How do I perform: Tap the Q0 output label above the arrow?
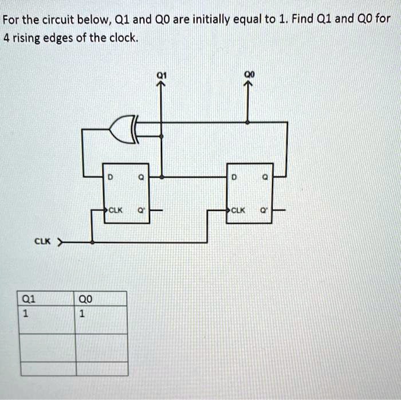point(247,74)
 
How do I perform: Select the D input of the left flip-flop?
point(109,178)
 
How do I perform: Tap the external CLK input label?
point(42,242)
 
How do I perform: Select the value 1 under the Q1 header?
point(24,313)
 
